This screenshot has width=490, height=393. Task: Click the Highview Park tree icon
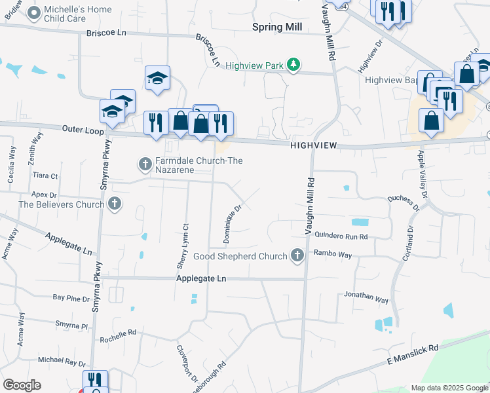coord(295,65)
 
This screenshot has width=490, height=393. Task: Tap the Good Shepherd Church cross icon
coord(297,255)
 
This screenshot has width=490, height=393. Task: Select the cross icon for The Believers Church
coord(115,204)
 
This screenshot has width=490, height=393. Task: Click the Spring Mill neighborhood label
coord(277,27)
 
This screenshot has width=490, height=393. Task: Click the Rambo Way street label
coord(333,253)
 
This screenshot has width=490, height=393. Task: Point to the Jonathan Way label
coord(366,297)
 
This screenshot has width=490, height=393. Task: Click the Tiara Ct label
coord(45,176)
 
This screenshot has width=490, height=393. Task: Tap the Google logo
coord(22,385)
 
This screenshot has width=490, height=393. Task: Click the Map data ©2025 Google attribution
coord(449,388)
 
